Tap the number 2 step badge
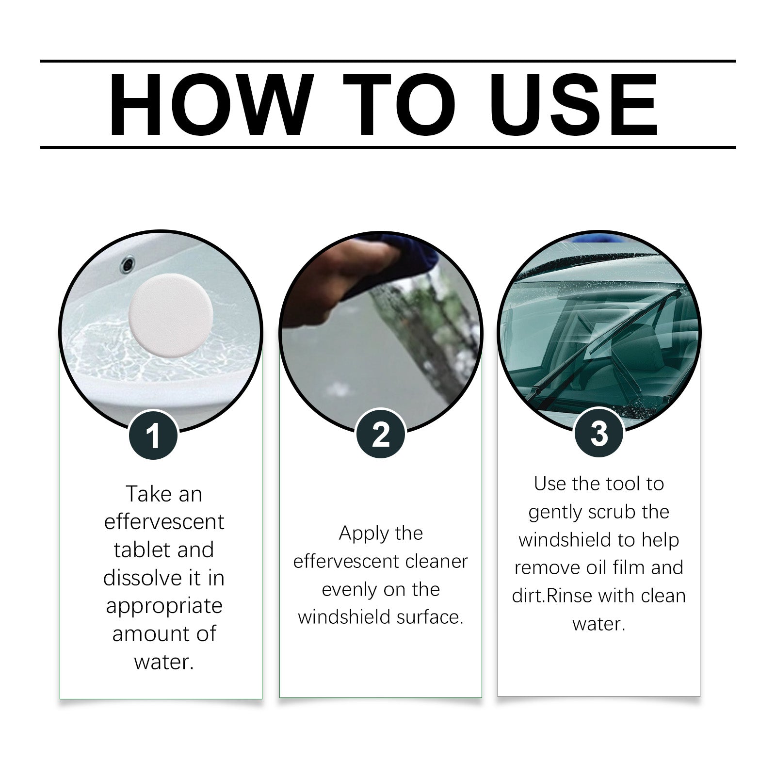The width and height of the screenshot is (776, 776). pos(381,434)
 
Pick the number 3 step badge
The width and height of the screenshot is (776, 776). pos(598,433)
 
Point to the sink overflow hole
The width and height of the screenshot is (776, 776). pos(128,264)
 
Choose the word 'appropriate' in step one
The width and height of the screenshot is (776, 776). pos(164,606)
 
